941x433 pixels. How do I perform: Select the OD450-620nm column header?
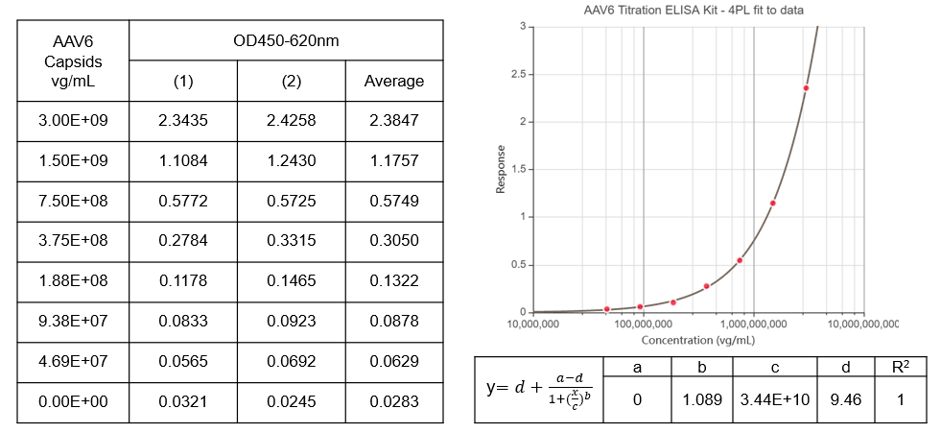286,41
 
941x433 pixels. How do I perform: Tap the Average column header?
393,82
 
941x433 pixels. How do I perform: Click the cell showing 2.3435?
183,121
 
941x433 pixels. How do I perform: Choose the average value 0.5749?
393,201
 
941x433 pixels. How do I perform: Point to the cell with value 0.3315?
292,240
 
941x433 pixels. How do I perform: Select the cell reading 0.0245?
292,400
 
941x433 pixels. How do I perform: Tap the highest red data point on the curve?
806,88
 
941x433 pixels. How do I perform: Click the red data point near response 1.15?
772,203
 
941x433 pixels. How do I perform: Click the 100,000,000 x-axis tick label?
642,324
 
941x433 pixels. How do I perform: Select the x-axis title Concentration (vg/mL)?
697,340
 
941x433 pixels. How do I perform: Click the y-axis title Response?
500,170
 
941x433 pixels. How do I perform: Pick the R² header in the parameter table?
900,368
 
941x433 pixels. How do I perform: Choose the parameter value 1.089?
701,399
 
